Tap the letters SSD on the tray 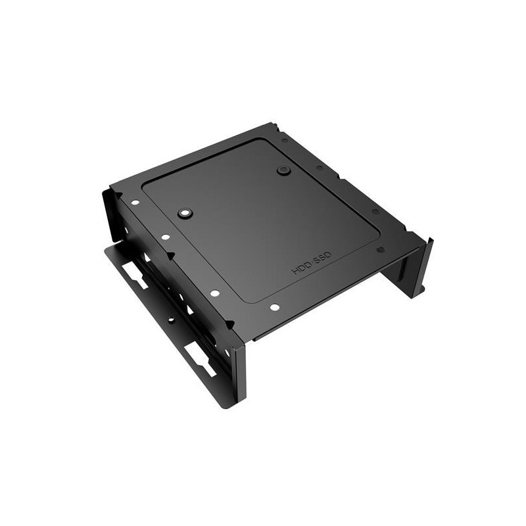(323, 258)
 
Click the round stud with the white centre (185, 212)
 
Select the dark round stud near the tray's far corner (283, 170)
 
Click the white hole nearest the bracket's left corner (135, 203)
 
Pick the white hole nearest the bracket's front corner (274, 307)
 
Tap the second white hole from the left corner (166, 237)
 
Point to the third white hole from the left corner (215, 293)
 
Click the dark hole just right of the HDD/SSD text (381, 250)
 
